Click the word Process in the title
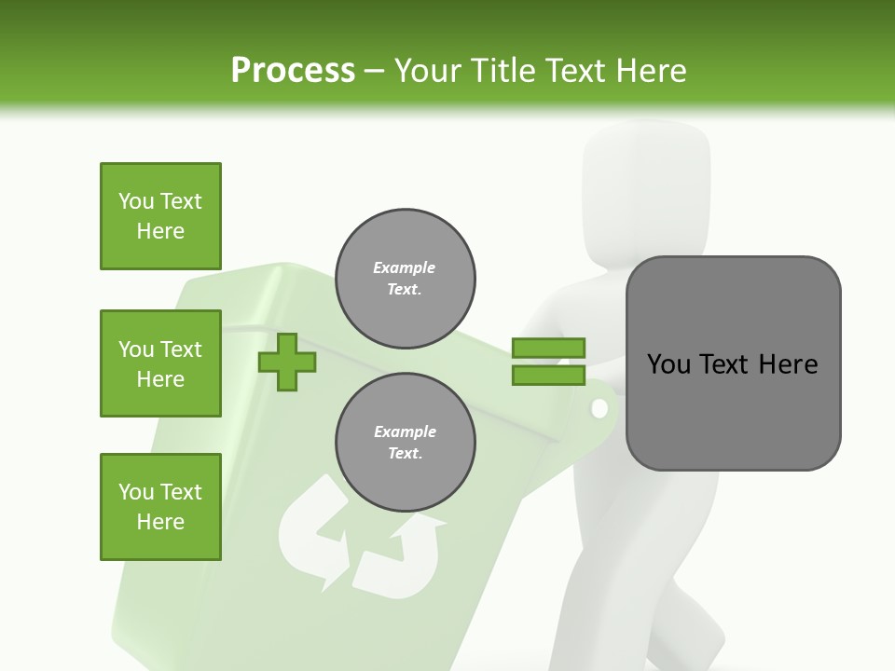pyautogui.click(x=293, y=70)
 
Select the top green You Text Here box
pyautogui.click(x=160, y=216)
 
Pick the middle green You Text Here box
pyautogui.click(x=160, y=363)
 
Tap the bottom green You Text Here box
pyautogui.click(x=160, y=507)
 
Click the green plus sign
pyautogui.click(x=286, y=362)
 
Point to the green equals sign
pyautogui.click(x=548, y=362)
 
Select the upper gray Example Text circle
pyautogui.click(x=405, y=279)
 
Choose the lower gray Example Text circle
pyautogui.click(x=405, y=443)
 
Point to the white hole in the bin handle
pyautogui.click(x=599, y=408)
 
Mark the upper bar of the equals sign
pyautogui.click(x=548, y=348)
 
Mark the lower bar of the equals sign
pyautogui.click(x=548, y=376)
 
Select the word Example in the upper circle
pyautogui.click(x=405, y=267)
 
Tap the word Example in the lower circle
pyautogui.click(x=405, y=431)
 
